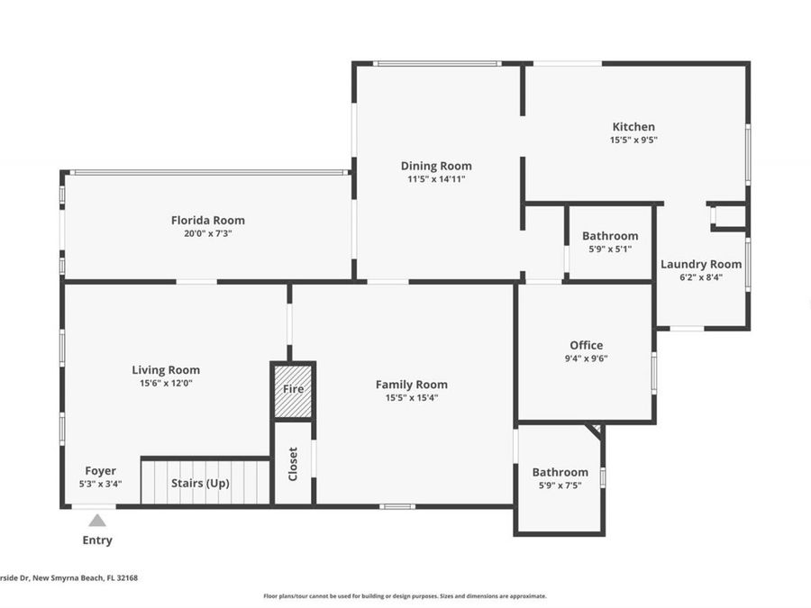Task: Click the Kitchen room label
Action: (x=633, y=127)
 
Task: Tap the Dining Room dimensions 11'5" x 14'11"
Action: (x=436, y=179)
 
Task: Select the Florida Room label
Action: (x=208, y=220)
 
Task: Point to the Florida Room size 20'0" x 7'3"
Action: (x=208, y=233)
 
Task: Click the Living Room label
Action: (x=166, y=369)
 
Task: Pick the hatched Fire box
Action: (x=294, y=390)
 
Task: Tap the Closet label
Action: (x=293, y=464)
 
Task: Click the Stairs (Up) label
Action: (x=200, y=483)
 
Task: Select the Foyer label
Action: (x=100, y=470)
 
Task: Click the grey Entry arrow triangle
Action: (x=97, y=520)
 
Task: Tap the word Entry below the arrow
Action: (x=97, y=540)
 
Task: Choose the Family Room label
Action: (x=411, y=385)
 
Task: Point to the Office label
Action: (x=586, y=345)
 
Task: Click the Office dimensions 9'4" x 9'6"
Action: (x=586, y=358)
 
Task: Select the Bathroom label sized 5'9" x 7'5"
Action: (x=560, y=472)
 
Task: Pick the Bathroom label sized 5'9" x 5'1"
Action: (x=610, y=236)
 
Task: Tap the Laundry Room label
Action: (x=701, y=264)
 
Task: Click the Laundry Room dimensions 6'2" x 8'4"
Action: (x=701, y=277)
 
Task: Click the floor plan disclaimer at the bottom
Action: (x=405, y=595)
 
